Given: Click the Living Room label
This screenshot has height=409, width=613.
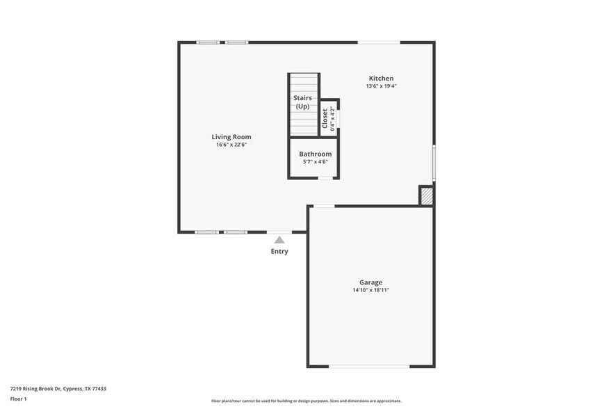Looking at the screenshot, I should (231, 137).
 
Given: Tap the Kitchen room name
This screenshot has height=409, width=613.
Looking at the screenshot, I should (381, 79).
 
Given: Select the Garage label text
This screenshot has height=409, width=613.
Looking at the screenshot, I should (370, 282).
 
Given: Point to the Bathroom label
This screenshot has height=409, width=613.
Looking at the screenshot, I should (315, 154).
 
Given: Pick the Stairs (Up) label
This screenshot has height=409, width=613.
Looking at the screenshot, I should (302, 102).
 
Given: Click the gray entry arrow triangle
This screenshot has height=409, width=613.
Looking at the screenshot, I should (279, 239).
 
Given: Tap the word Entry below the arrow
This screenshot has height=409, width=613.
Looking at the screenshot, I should (279, 251).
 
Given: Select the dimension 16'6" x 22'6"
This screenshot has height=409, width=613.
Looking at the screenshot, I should (231, 145).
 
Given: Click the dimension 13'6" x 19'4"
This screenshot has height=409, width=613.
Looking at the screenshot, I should (381, 86).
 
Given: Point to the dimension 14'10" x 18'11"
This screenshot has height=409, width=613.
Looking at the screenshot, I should (370, 290).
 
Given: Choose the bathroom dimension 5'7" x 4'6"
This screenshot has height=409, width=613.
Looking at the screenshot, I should (315, 161).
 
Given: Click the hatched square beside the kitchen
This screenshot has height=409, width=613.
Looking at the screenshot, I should (427, 196).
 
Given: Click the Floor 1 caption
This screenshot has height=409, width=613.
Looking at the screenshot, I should (18, 399).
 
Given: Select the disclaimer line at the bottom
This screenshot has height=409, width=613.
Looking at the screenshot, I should (306, 401).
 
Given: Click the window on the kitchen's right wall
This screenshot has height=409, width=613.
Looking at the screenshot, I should (434, 163).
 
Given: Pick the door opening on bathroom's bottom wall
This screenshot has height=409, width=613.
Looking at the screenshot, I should (325, 178).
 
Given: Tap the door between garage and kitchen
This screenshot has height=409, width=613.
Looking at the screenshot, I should (324, 206).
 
